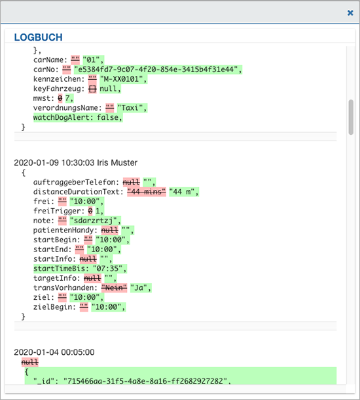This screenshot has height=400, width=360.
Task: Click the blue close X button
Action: coord(350,12)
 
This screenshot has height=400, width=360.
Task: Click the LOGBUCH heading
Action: coord(38,37)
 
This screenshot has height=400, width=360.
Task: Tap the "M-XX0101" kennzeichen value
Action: coord(121,79)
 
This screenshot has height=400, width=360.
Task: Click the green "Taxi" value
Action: coord(130,108)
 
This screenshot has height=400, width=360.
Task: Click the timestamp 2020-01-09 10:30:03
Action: coord(54,162)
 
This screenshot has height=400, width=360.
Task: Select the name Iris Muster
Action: coord(117,162)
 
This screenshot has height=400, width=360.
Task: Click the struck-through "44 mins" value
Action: coord(147,192)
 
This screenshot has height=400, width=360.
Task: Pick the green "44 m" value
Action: coord(182,192)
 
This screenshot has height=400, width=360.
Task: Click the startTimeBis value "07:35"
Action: coord(107,268)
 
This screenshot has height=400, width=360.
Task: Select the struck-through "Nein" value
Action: coord(114,288)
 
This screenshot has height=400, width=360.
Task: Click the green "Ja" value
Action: coord(139,288)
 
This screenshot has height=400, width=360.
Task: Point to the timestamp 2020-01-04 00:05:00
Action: coord(54,352)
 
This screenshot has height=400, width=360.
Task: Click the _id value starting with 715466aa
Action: coord(145,381)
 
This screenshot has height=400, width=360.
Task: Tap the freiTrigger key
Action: coord(59,211)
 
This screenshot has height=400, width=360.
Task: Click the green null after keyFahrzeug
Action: coord(108,89)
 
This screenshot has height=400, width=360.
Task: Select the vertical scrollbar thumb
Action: coord(351,117)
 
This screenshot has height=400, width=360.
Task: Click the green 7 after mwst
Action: coord(67,98)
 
